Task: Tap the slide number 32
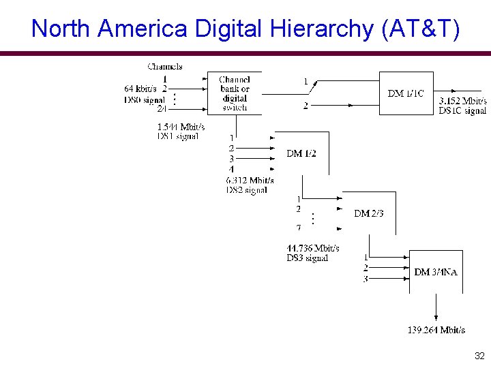pos(479,356)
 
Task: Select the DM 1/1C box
pos(405,93)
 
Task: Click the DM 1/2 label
pos(301,153)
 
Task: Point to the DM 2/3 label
pos(369,213)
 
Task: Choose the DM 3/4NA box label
pos(436,272)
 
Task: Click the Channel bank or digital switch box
pos(235,93)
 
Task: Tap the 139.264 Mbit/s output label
pos(436,330)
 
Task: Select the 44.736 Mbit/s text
pos(313,248)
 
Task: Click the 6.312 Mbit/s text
pos(250,181)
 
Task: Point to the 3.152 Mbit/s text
pos(462,102)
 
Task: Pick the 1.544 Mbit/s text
pos(181,127)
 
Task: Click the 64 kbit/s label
pos(140,89)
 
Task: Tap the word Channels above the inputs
pos(164,66)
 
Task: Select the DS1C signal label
pos(462,110)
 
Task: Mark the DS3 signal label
pos(307,258)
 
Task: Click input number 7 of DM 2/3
pos(299,228)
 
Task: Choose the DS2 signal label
pos(246,190)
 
